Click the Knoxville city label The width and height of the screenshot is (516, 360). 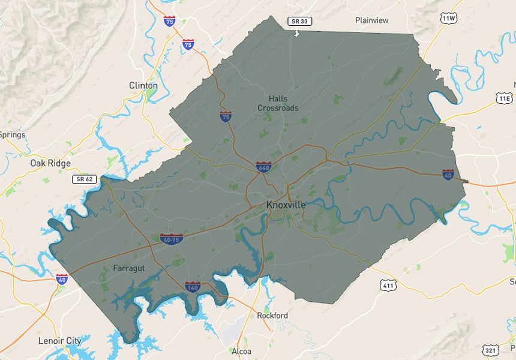tap(286, 205)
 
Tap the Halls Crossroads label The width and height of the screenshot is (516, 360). tap(278, 103)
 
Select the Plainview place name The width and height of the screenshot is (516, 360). tap(371, 20)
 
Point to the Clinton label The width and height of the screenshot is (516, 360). tap(143, 85)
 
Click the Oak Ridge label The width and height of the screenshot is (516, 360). tap(50, 163)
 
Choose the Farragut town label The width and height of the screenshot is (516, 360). tap(128, 269)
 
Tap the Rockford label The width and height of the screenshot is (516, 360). tap(272, 316)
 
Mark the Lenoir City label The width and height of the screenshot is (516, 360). tap(59, 341)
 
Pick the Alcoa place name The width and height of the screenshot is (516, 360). tap(241, 352)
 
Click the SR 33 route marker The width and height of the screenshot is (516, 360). tap(299, 21)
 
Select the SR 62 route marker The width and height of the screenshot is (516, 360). tap(84, 179)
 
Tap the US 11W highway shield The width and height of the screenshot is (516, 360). tap(448, 19)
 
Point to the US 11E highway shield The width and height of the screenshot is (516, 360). tap(505, 98)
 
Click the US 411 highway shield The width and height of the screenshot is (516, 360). tap(388, 285)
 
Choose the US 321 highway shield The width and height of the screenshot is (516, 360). tap(490, 350)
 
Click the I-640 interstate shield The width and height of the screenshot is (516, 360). tap(263, 166)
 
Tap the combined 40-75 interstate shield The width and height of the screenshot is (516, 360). tap(171, 239)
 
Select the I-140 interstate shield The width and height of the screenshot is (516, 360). tap(193, 286)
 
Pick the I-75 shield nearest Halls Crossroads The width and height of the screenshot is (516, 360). tap(226, 116)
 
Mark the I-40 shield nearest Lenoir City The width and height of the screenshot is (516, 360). tap(62, 278)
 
